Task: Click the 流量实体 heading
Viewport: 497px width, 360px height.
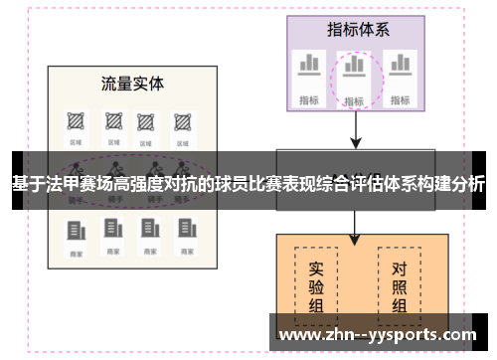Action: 132,83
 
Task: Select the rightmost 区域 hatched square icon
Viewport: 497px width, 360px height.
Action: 182,122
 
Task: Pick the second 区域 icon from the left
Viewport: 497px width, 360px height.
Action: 111,122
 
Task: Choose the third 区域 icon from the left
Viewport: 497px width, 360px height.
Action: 147,122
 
